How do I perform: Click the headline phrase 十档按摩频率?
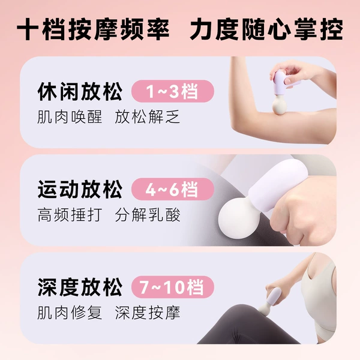[93, 29]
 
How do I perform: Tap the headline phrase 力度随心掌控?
[266, 29]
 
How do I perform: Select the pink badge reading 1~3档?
[173, 91]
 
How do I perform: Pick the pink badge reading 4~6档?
[173, 189]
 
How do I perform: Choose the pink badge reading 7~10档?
[173, 287]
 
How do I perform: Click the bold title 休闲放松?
[80, 91]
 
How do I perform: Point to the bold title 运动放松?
[80, 189]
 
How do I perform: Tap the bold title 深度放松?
[80, 287]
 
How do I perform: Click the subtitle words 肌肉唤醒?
[70, 117]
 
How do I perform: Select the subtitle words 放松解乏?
[148, 117]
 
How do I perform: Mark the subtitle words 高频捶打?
[70, 215]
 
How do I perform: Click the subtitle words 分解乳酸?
[148, 215]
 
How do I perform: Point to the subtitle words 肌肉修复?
[70, 313]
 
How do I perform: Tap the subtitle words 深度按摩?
[148, 313]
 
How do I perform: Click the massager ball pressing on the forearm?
[279, 106]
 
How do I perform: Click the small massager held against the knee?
[271, 300]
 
